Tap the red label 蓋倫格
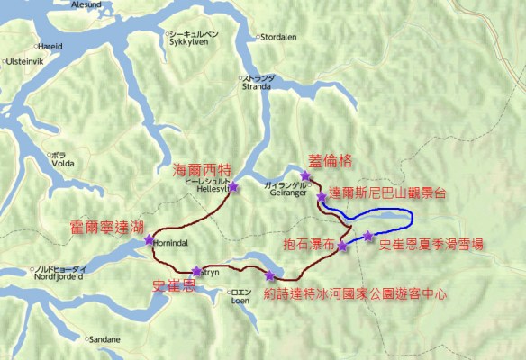point(329,158)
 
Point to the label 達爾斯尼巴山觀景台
point(395,192)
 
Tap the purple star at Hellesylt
point(233,187)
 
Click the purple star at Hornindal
point(149,240)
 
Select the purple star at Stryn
point(196,270)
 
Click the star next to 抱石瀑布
point(342,245)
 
